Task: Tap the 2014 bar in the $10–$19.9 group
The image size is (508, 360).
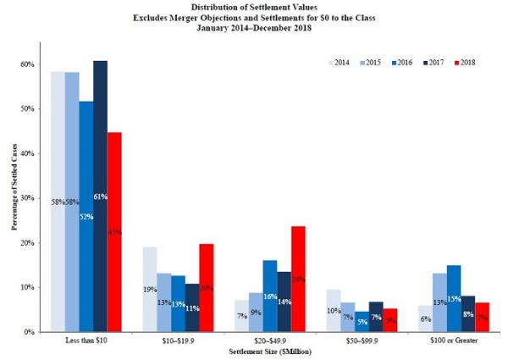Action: (x=149, y=289)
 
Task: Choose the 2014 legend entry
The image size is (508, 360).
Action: (x=339, y=63)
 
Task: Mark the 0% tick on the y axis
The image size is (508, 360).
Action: (x=30, y=332)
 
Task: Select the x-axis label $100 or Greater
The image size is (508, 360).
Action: (x=455, y=341)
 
